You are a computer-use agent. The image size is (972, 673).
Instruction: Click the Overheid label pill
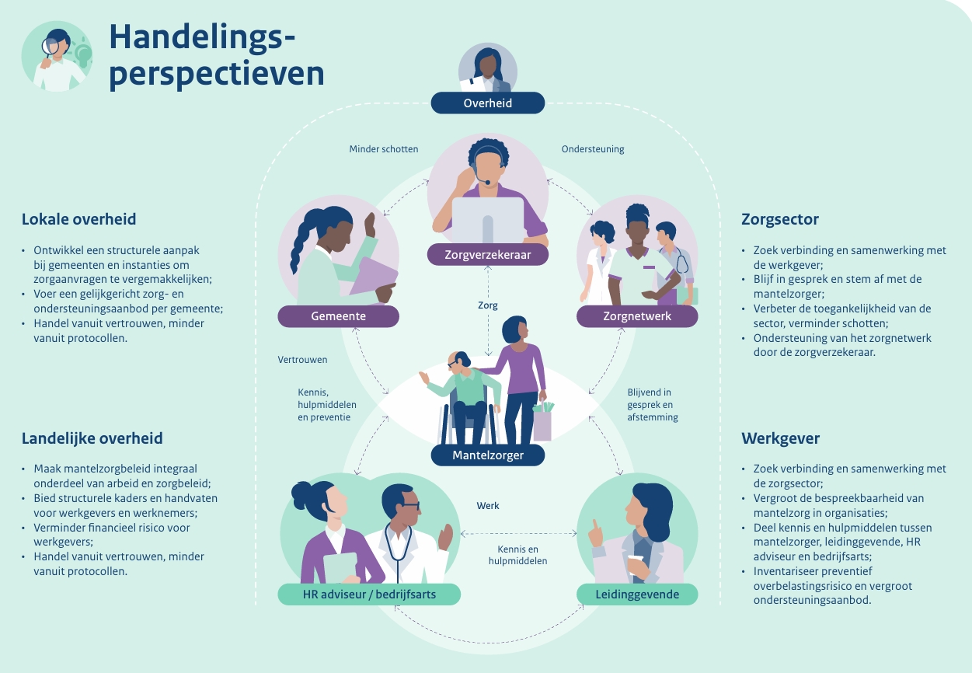488,103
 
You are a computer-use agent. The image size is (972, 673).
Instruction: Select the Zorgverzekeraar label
488,255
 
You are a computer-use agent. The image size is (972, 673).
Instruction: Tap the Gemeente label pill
339,316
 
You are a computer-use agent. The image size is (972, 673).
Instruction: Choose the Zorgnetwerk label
637,316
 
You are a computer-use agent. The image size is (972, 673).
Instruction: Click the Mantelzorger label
488,455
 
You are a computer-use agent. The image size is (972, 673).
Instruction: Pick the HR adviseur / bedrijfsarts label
369,594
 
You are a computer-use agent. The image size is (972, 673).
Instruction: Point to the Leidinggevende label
637,594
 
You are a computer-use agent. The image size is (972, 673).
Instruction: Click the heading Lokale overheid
79,219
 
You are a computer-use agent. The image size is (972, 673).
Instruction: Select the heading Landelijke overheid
92,438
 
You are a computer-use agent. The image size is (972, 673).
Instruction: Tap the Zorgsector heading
780,220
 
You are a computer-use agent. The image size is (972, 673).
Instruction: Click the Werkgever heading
780,438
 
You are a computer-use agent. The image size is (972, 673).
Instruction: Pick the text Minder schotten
384,149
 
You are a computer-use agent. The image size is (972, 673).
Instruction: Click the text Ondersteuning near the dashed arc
593,149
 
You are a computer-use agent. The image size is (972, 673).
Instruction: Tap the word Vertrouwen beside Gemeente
302,360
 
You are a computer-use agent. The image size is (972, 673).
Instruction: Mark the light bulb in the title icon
82,54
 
